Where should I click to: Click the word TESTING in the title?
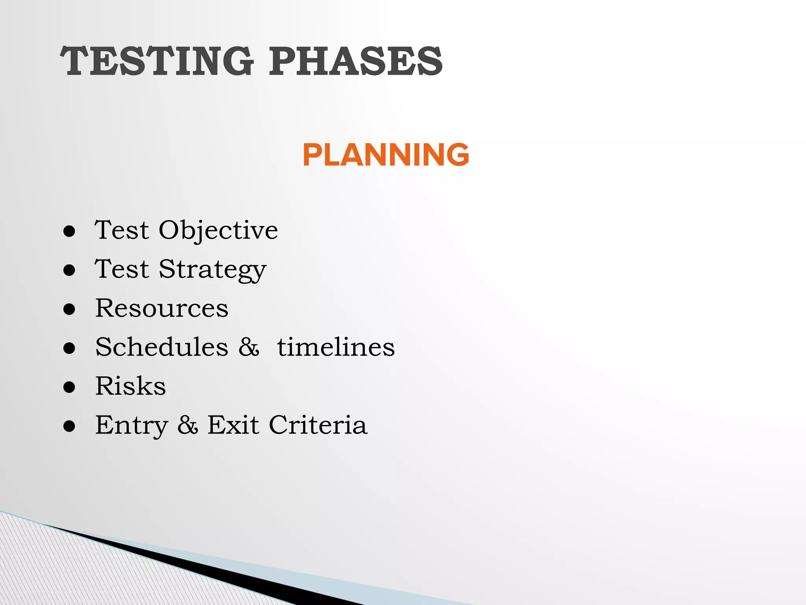157,61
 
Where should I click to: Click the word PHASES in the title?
356,61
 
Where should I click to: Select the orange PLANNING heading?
386,155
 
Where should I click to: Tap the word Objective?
218,230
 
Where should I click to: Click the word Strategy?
213,270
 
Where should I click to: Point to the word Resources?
162,308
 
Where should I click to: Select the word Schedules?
162,347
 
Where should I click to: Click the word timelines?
336,347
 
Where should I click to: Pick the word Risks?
131,386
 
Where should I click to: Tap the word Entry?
131,426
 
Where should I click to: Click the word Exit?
233,425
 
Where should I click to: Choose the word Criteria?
318,425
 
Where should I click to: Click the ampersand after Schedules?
249,347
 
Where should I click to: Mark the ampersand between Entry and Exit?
187,425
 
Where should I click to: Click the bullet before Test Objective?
69,232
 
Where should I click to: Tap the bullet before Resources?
69,310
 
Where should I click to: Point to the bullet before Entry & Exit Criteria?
69,427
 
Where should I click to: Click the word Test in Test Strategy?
122,269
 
